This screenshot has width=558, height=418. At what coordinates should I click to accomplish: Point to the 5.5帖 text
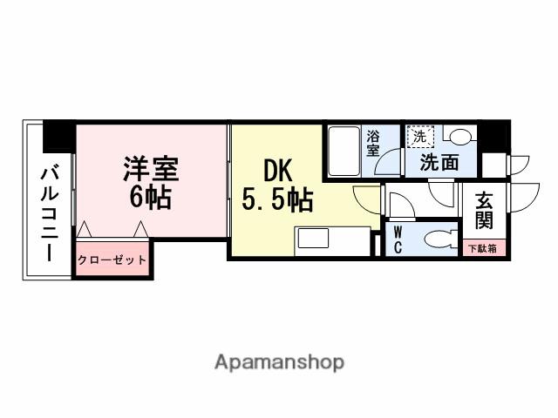[276, 201]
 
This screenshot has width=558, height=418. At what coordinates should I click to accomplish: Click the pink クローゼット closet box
[112, 260]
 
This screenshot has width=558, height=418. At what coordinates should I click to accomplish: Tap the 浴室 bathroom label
[373, 144]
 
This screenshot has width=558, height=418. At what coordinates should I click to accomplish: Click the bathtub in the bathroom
[344, 152]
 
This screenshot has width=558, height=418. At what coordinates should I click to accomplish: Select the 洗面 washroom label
[440, 162]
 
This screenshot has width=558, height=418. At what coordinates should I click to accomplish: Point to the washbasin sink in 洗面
[459, 137]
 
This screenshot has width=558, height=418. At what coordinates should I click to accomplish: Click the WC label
[398, 239]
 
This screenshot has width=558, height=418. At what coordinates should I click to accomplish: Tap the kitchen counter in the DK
[332, 240]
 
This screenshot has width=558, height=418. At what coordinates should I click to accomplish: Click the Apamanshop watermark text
[279, 361]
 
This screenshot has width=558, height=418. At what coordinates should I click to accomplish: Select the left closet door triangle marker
[85, 229]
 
